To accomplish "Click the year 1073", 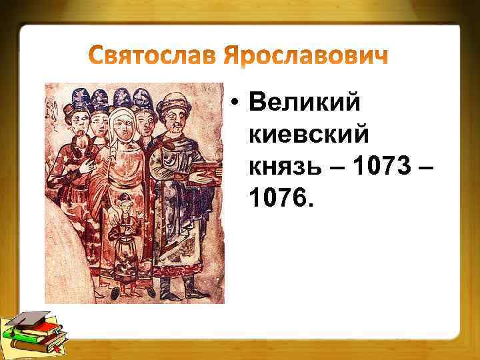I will (385, 166).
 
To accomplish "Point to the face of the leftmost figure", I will (79, 123).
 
